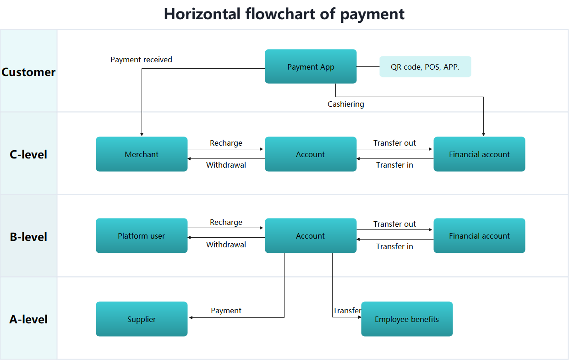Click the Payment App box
pos(311,66)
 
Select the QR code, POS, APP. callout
pos(425,67)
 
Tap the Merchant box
pos(142,154)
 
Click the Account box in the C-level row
pos(311,154)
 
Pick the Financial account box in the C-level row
pos(479,154)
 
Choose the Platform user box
pos(142,236)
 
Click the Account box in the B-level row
pos(311,236)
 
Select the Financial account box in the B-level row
pos(479,236)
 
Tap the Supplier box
pos(142,319)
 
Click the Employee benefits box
pos(407,319)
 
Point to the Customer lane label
pos(28,72)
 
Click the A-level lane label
pos(28,319)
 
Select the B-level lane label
pos(28,237)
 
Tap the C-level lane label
pos(28,154)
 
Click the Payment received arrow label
pos(142,60)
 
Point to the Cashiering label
pos(346,104)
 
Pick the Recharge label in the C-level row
pos(226,143)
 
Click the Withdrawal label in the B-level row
pos(226,245)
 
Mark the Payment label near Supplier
pos(226,311)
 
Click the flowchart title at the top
pos(284,14)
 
